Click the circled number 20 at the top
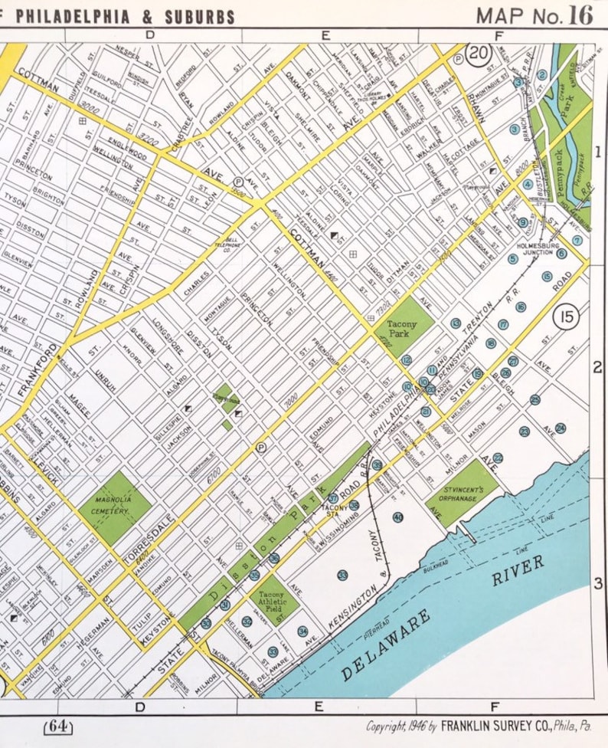(479, 55)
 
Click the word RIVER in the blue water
(518, 570)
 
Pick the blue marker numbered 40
(398, 517)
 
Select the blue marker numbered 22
(498, 458)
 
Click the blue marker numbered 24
(561, 428)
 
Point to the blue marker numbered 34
(303, 632)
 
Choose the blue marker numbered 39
(378, 465)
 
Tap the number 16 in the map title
(580, 15)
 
